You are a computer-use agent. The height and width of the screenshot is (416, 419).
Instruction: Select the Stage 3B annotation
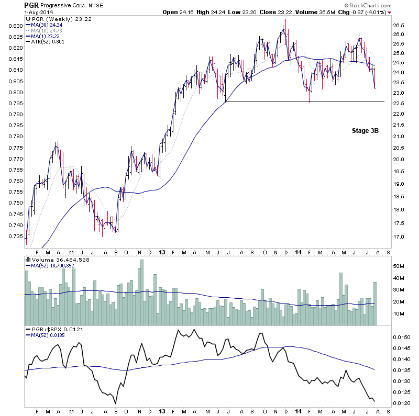click(365, 131)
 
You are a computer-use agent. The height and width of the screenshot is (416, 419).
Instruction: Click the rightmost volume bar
click(375, 303)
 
